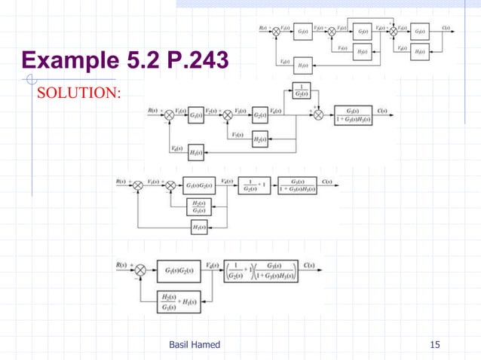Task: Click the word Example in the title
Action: pyautogui.click(x=67, y=58)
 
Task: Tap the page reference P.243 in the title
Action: pyautogui.click(x=189, y=58)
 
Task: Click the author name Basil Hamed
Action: pyautogui.click(x=195, y=344)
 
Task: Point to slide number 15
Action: pyautogui.click(x=434, y=344)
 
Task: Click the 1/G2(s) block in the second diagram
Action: pyautogui.click(x=302, y=90)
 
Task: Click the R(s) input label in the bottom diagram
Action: pyautogui.click(x=118, y=264)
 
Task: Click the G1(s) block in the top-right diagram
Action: pyautogui.click(x=302, y=31)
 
